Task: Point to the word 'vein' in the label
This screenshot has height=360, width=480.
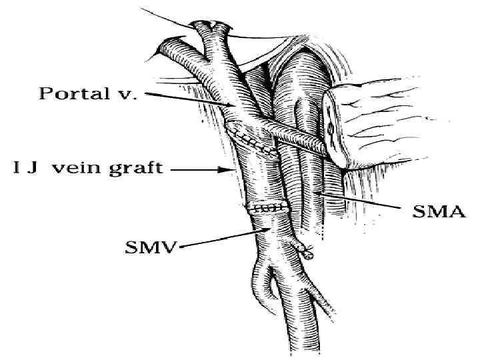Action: click(76, 167)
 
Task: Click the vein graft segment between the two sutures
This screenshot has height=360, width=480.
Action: click(263, 177)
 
